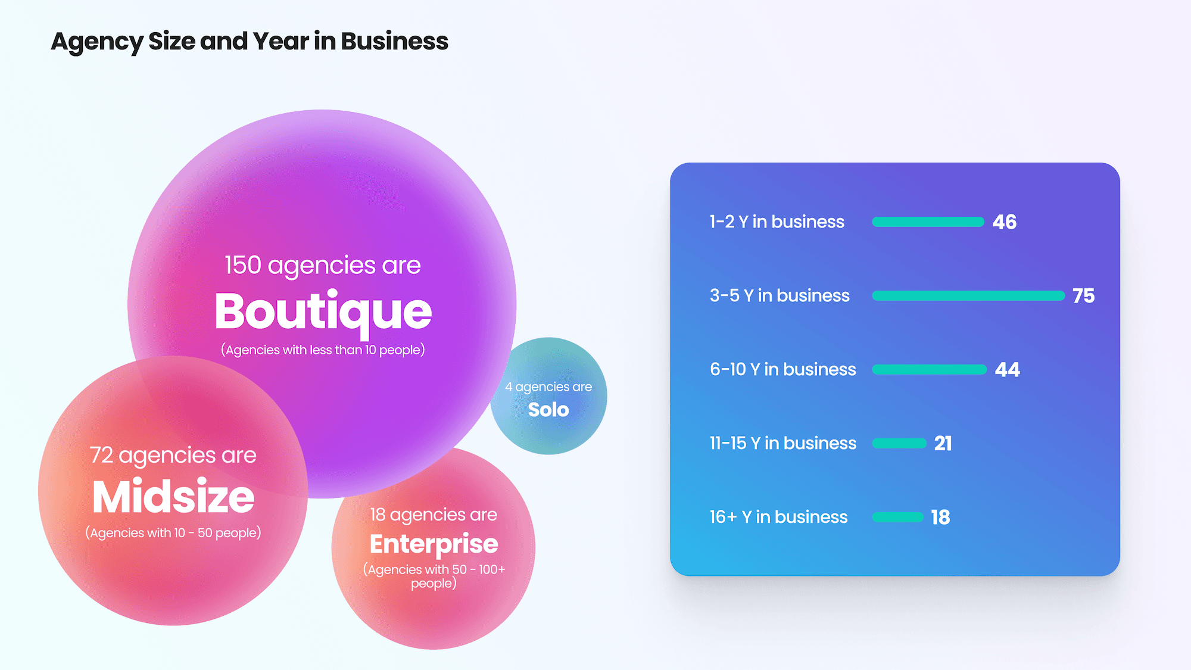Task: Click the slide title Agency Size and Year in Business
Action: [x=250, y=42]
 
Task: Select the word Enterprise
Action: [x=434, y=544]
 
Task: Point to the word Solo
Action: [x=548, y=410]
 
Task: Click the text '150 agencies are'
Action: [x=323, y=266]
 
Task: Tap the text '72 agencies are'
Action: [x=173, y=456]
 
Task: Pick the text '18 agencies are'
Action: [x=434, y=515]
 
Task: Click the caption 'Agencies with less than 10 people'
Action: [x=323, y=350]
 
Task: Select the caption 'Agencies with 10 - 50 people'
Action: [x=173, y=532]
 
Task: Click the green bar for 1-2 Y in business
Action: [x=928, y=222]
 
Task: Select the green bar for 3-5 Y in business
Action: [x=968, y=296]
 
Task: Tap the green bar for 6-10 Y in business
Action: [x=929, y=370]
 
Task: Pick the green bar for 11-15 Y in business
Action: [x=899, y=444]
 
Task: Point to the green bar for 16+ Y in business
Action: [x=897, y=518]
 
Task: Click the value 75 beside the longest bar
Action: [x=1084, y=296]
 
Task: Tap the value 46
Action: [x=1005, y=222]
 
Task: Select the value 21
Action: [x=943, y=444]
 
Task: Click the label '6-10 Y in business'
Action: [x=782, y=370]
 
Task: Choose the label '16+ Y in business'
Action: [x=778, y=518]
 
